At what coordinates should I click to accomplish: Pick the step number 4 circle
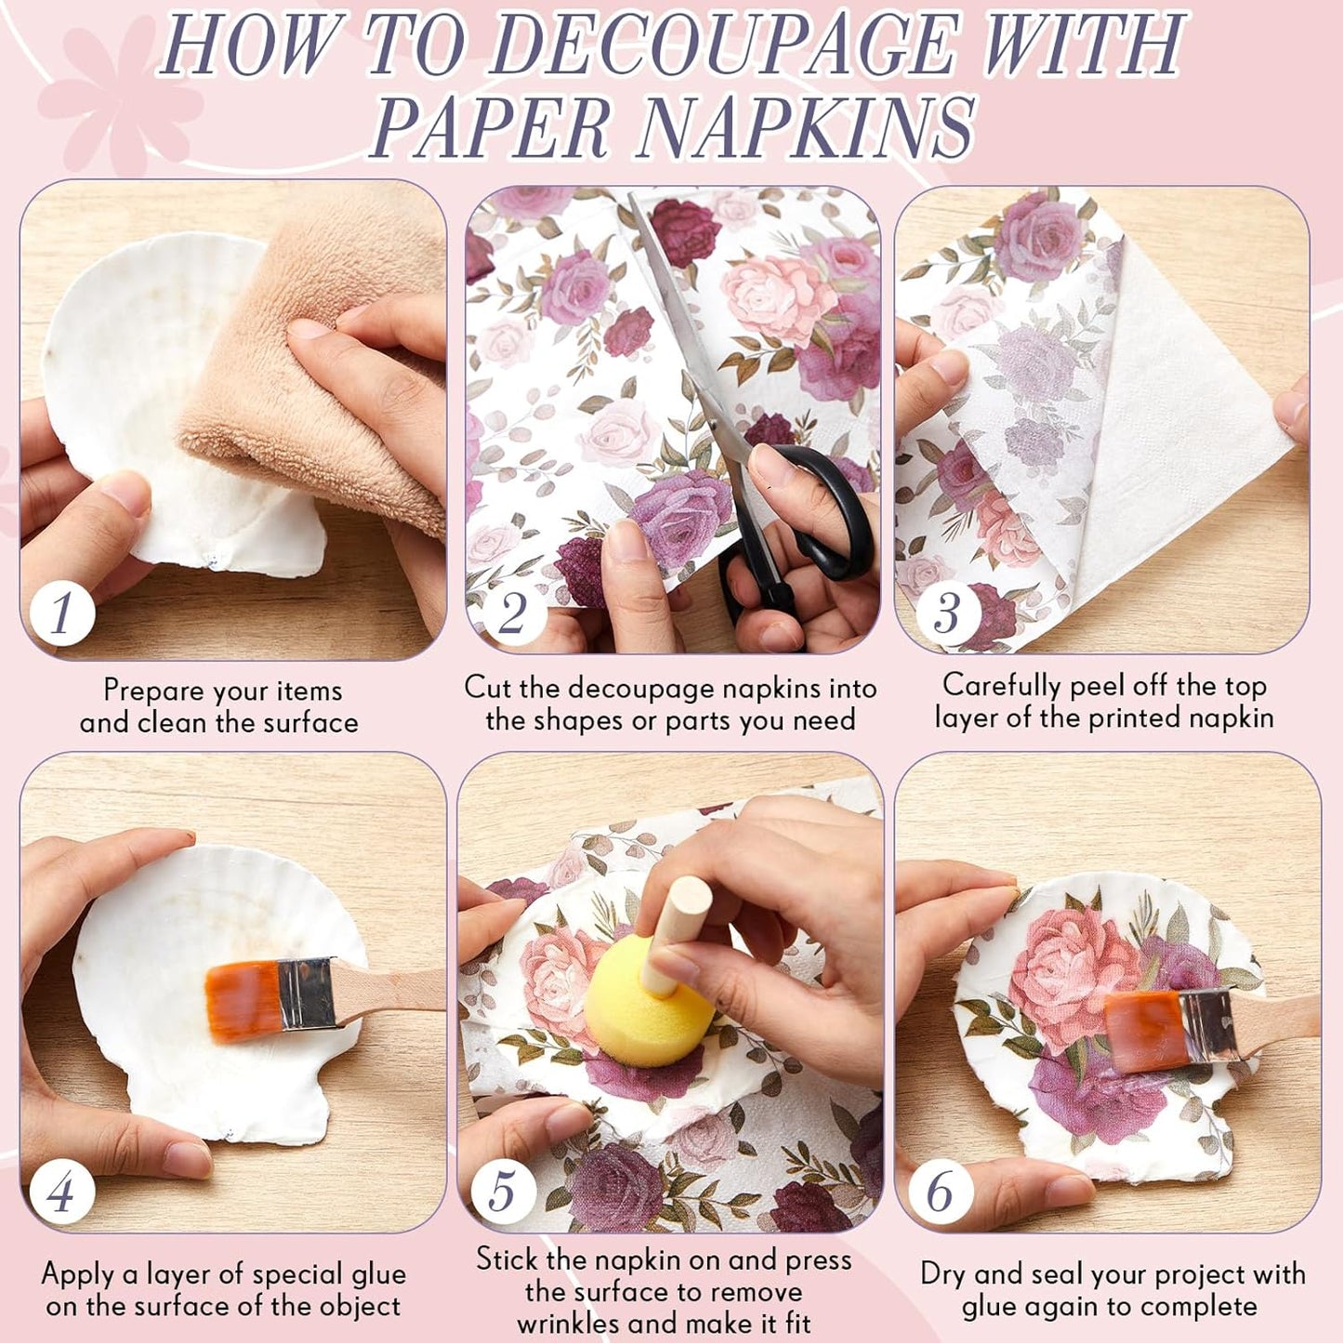coord(62,1192)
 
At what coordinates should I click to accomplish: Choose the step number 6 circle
coord(941,1191)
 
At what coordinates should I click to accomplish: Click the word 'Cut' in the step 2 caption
coord(487,687)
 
